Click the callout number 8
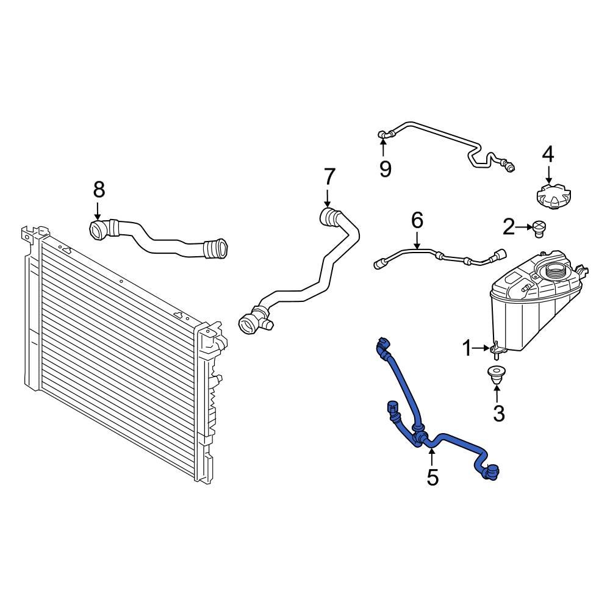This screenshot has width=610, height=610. tap(99, 190)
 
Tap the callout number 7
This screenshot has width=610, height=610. tap(329, 177)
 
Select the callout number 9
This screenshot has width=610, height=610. tap(385, 168)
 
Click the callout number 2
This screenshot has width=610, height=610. tap(509, 228)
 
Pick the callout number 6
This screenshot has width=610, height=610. tap(417, 220)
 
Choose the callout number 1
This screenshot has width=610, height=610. tap(467, 349)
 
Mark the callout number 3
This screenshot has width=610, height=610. tap(498, 414)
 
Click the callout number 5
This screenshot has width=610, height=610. tap(432, 477)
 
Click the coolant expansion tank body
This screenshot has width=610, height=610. tap(525, 311)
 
